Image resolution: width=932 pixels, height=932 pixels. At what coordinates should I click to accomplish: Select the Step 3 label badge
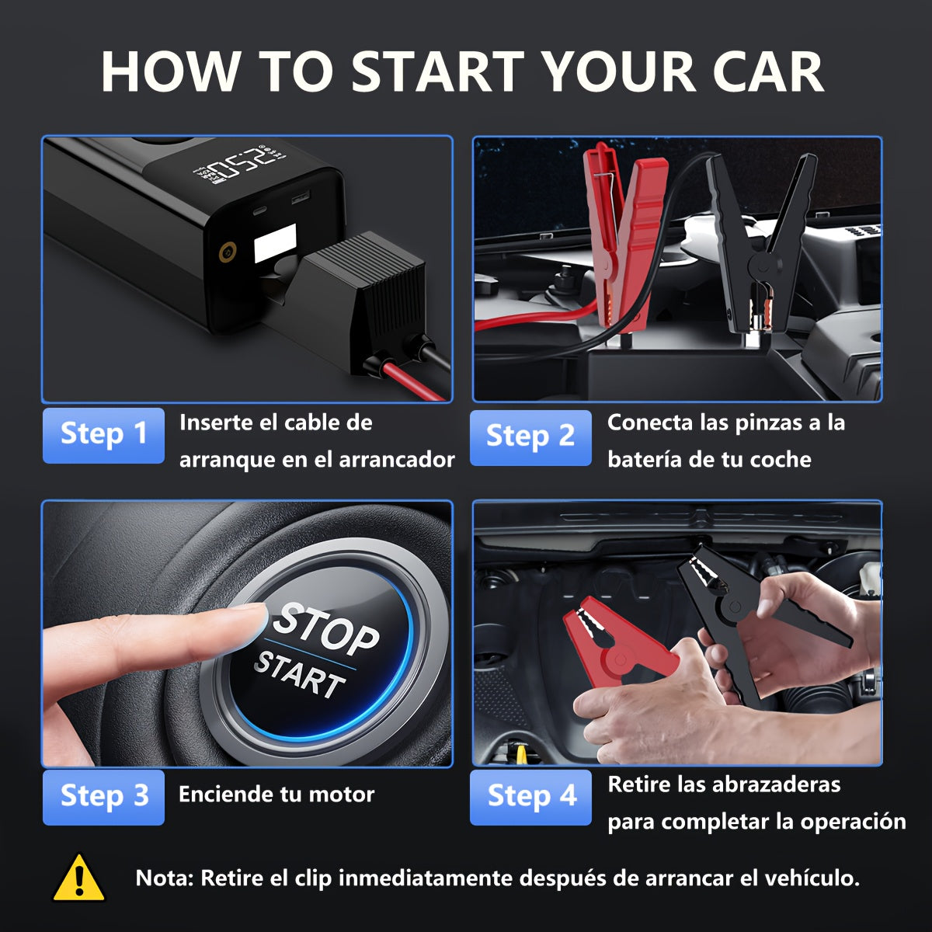click(103, 797)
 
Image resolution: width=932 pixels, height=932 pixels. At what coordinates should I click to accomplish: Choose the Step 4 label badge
click(531, 797)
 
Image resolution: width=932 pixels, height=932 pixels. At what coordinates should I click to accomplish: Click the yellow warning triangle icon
click(78, 878)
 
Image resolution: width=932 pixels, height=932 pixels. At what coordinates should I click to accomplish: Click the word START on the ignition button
click(300, 674)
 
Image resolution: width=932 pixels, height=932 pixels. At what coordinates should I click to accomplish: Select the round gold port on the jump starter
click(228, 250)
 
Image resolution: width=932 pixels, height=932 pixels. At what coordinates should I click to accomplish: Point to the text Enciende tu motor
click(276, 795)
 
